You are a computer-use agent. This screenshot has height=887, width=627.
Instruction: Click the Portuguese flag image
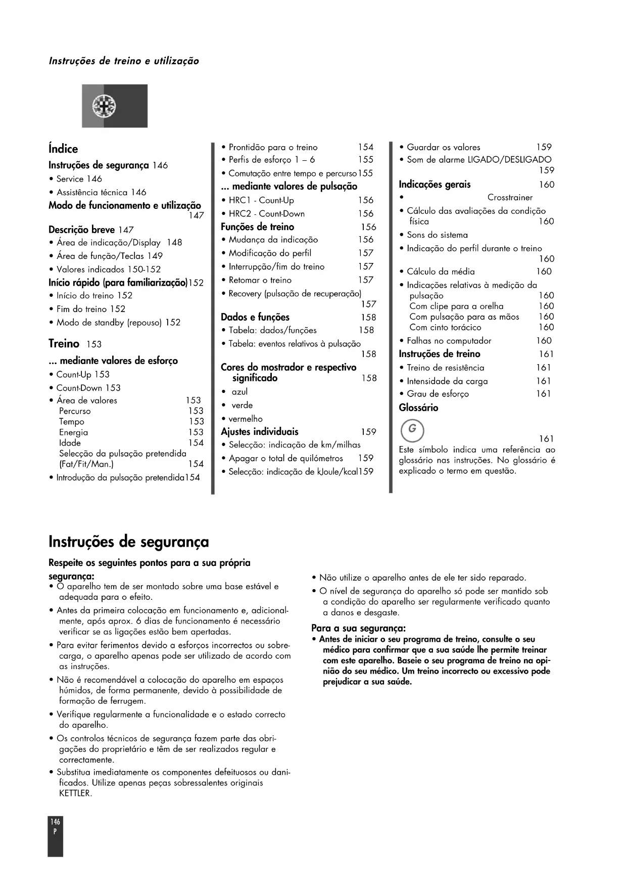pyautogui.click(x=115, y=106)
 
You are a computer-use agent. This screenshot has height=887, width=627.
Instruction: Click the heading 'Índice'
pyautogui.click(x=63, y=149)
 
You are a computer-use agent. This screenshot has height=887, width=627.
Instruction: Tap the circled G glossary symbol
pyautogui.click(x=412, y=430)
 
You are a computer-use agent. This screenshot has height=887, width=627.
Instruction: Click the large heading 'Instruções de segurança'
pyautogui.click(x=128, y=542)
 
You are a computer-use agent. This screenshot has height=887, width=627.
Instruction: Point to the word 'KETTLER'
pyautogui.click(x=75, y=793)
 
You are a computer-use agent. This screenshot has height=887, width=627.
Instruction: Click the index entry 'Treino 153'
pyautogui.click(x=75, y=344)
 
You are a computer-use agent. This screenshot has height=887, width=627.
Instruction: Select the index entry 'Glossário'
pyautogui.click(x=418, y=408)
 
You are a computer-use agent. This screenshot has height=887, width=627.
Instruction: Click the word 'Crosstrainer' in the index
pyautogui.click(x=510, y=197)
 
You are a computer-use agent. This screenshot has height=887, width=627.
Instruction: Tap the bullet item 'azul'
pyautogui.click(x=239, y=392)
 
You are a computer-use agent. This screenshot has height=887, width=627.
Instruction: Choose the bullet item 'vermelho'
pyautogui.click(x=246, y=419)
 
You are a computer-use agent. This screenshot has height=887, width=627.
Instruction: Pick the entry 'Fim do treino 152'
pyautogui.click(x=90, y=309)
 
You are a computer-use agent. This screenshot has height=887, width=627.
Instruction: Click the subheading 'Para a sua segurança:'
pyautogui.click(x=358, y=628)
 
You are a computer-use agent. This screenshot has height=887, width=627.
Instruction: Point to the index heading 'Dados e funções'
pyautogui.click(x=255, y=317)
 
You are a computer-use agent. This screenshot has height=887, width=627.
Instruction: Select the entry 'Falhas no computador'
pyautogui.click(x=449, y=341)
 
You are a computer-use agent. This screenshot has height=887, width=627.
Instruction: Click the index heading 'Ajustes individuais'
pyautogui.click(x=260, y=432)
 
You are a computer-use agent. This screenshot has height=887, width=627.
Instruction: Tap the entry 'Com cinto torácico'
pyautogui.click(x=445, y=327)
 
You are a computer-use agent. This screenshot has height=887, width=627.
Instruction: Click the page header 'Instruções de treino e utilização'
pyautogui.click(x=124, y=61)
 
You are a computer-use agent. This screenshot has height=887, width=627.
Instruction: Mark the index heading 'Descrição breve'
pyautogui.click(x=81, y=230)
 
